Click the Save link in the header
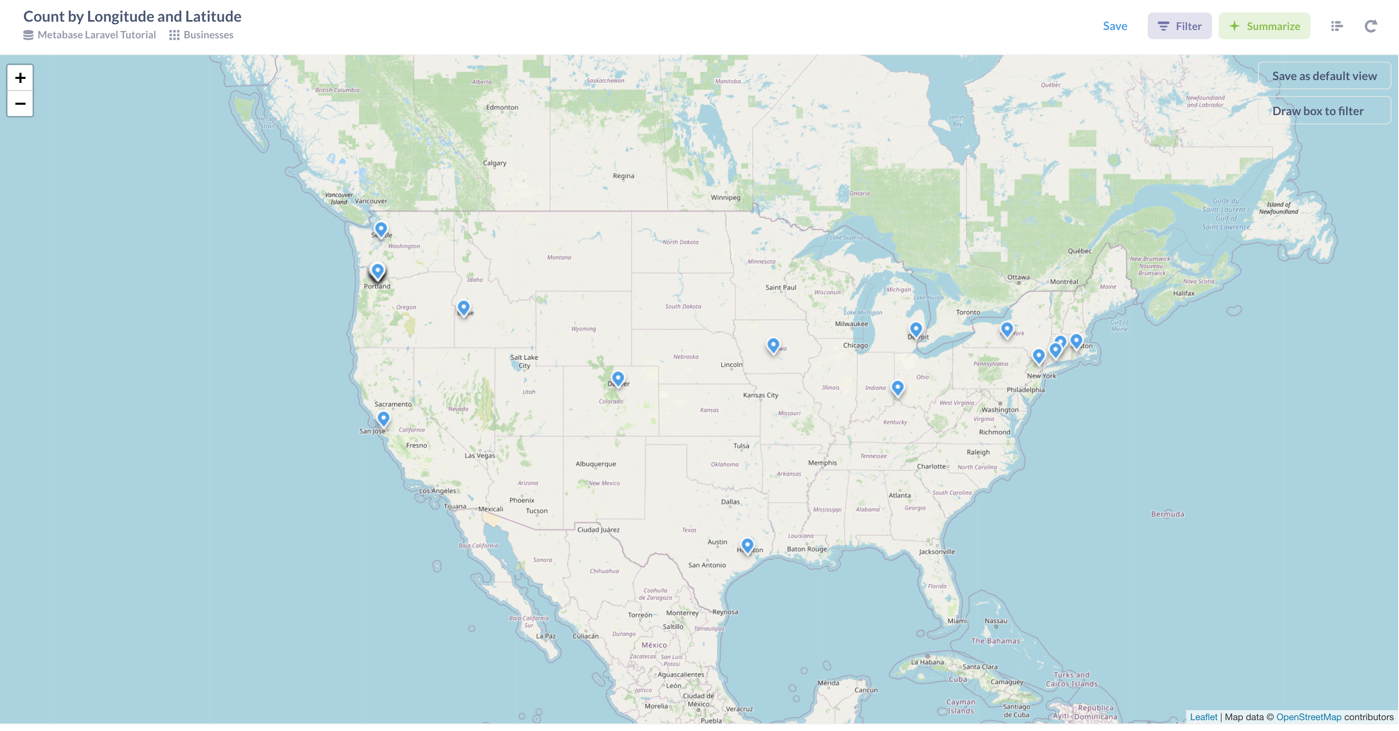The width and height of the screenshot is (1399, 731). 1114,26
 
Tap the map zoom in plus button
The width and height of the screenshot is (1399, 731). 20,78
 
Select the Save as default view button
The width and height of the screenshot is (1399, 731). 1324,76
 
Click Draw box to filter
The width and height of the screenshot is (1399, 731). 1318,111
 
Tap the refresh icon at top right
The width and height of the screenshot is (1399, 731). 1371,26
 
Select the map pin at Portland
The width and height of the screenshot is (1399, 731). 377,270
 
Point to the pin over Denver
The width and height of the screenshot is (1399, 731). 618,378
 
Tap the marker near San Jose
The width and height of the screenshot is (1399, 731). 384,418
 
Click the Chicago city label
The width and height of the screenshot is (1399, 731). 855,345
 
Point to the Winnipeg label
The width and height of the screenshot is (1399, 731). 725,198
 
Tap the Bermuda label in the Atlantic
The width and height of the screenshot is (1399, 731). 1167,514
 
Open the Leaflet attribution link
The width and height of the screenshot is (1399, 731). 1204,717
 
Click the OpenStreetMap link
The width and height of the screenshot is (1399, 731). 1308,717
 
